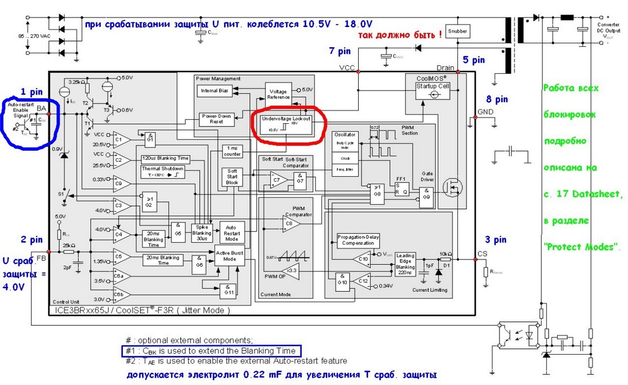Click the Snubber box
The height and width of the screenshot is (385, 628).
457,32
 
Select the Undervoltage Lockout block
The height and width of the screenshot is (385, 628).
286,124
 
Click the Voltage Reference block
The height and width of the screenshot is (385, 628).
278,94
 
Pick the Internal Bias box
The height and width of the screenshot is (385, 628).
215,91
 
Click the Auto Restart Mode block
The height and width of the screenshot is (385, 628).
231,230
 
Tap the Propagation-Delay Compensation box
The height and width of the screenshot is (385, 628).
359,240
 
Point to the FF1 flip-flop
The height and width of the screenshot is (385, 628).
401,187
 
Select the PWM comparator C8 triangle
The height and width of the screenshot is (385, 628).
291,224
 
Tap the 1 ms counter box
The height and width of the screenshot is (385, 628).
232,151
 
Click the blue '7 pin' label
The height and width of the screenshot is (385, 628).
340,51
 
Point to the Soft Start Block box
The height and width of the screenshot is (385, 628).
232,177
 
